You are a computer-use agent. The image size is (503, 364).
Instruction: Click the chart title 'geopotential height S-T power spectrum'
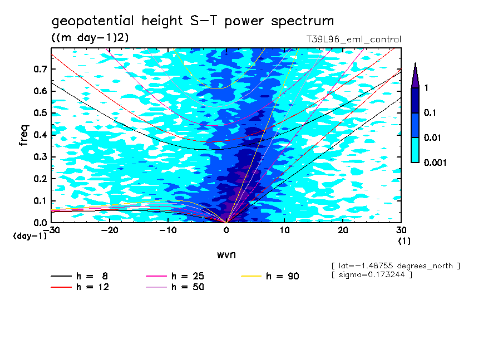pyautogui.click(x=193, y=21)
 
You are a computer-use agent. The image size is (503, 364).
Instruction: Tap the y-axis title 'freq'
pyautogui.click(x=24, y=135)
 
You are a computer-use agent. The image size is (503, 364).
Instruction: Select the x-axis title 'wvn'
pyautogui.click(x=226, y=255)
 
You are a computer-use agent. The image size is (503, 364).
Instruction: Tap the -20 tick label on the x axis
pyautogui.click(x=110, y=230)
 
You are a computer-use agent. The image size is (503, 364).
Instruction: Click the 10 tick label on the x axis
pyautogui.click(x=284, y=230)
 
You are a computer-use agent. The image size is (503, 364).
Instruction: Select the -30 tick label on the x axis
pyautogui.click(x=52, y=230)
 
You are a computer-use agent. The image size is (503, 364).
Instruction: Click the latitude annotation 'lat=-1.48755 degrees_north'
pyautogui.click(x=395, y=265)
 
